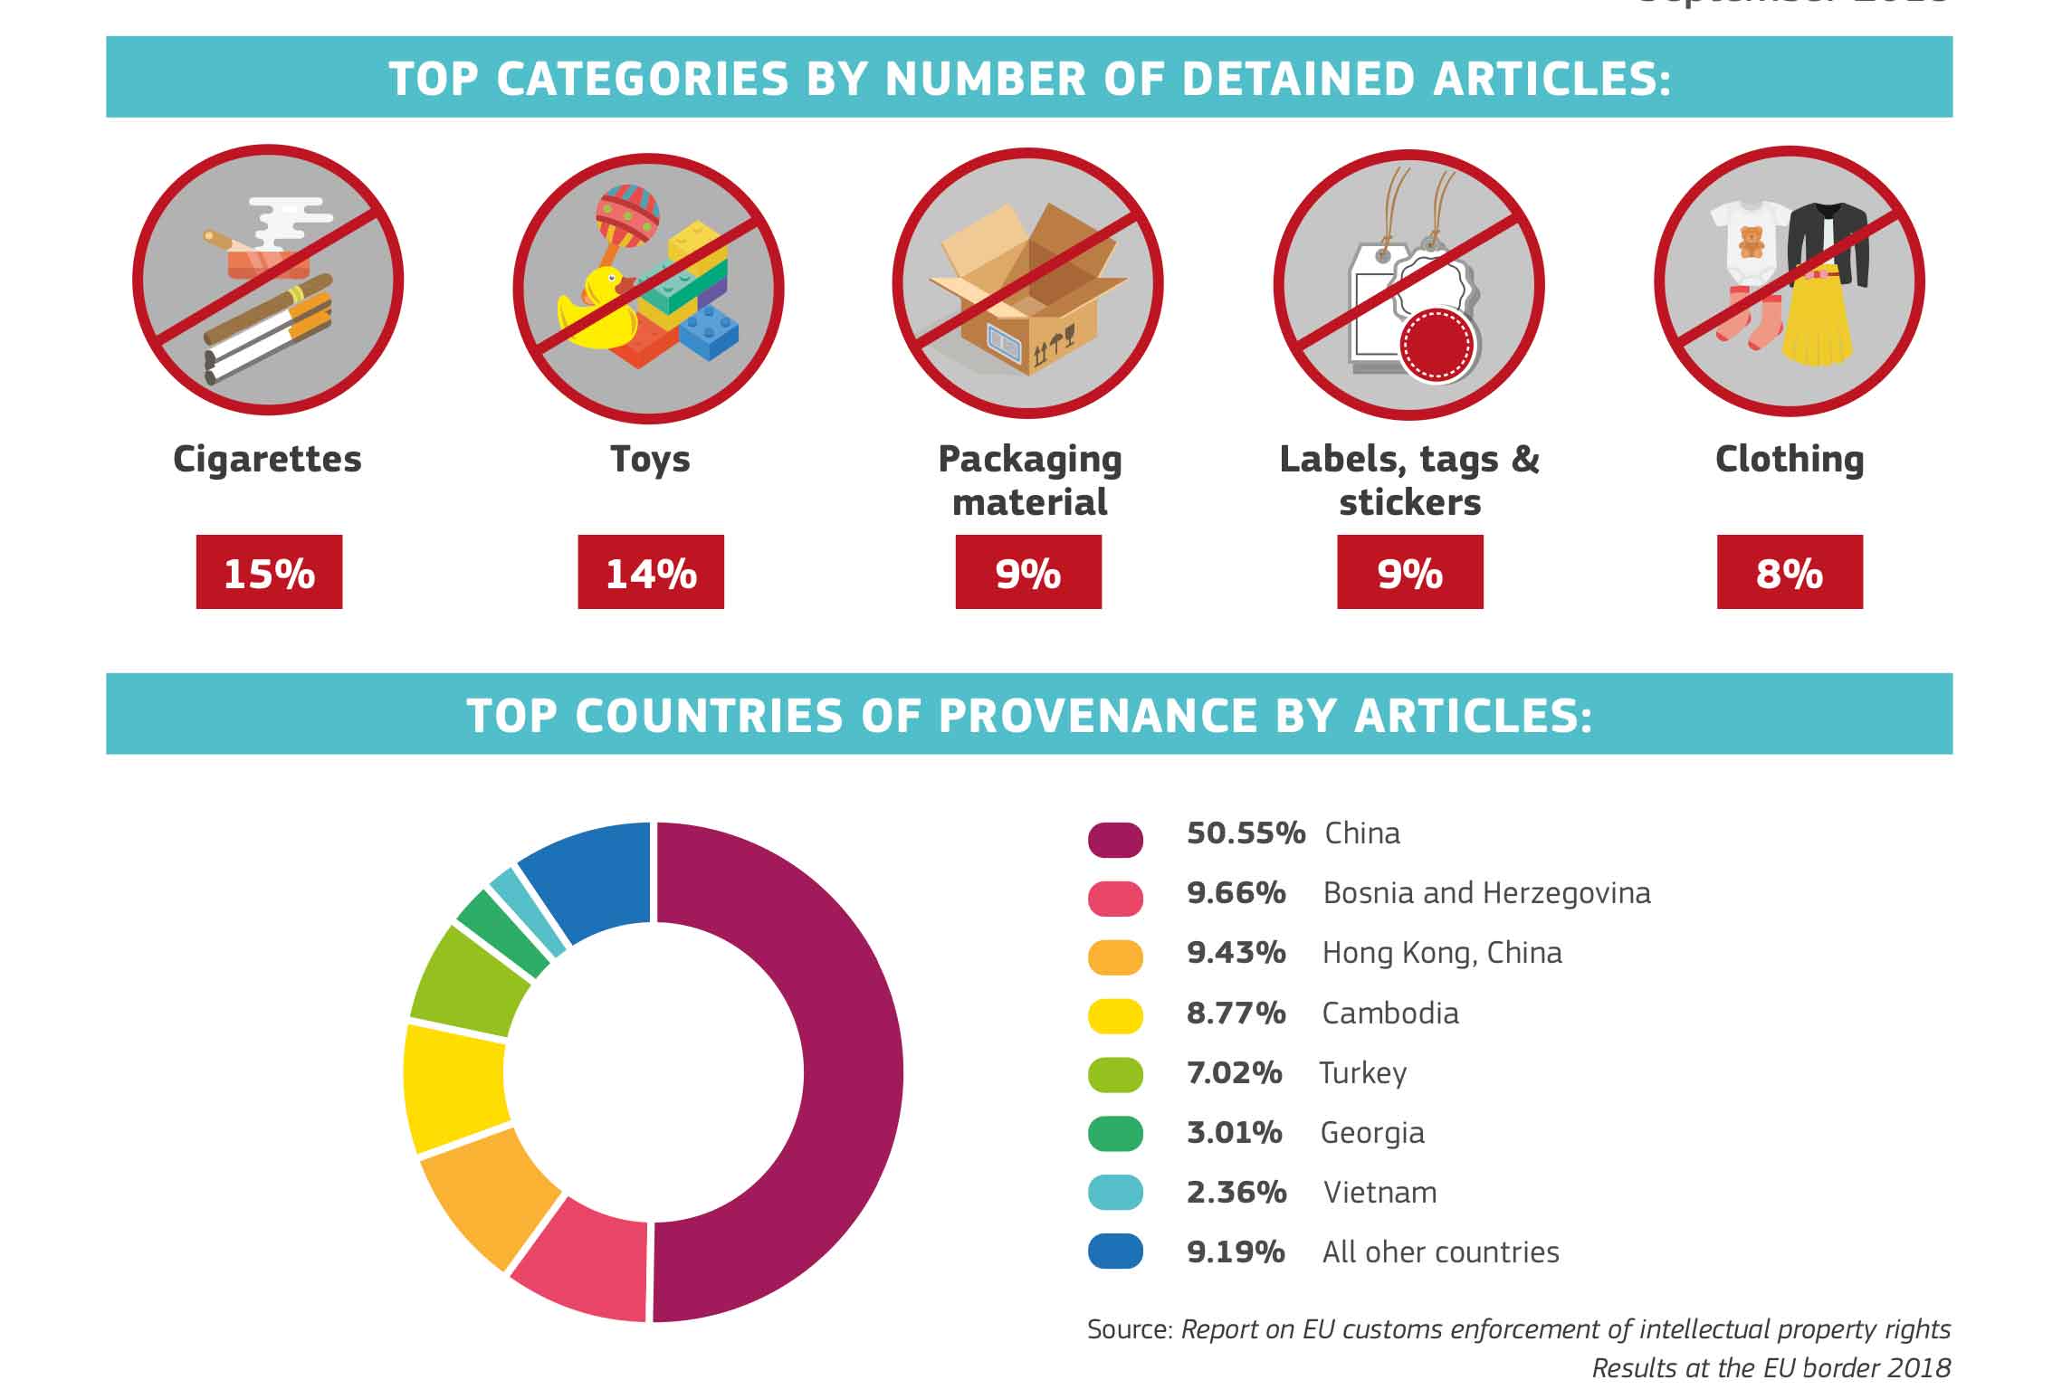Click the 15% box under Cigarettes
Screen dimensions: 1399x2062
pyautogui.click(x=269, y=572)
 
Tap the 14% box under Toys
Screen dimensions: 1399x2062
pyautogui.click(x=651, y=572)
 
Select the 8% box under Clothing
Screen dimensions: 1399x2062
pyautogui.click(x=1790, y=572)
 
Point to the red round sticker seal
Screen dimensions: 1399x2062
pyautogui.click(x=1437, y=346)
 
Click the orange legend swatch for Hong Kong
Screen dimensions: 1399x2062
pyautogui.click(x=1115, y=956)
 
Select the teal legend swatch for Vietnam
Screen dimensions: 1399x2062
pyautogui.click(x=1115, y=1193)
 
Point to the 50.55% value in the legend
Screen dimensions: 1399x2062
pyautogui.click(x=1246, y=833)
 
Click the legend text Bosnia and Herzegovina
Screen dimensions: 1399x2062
pyautogui.click(x=1486, y=893)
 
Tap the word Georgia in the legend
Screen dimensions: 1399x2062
pyautogui.click(x=1372, y=1133)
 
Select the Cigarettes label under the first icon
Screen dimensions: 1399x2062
pyautogui.click(x=267, y=460)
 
